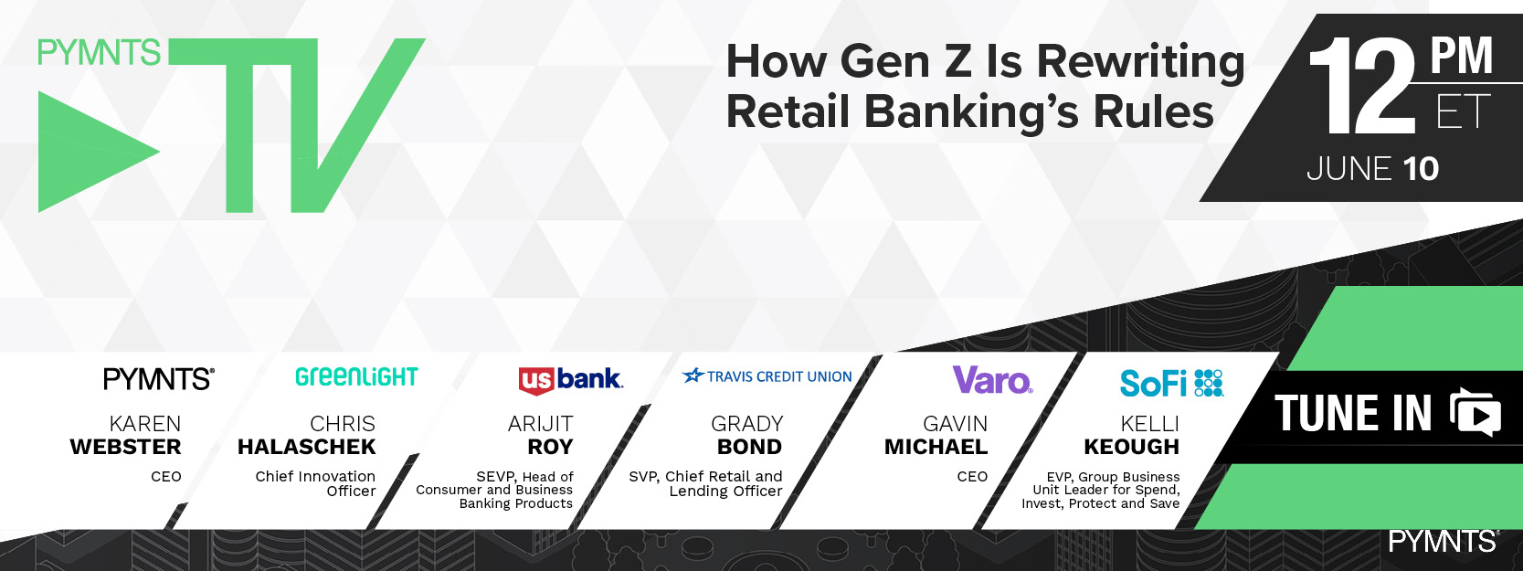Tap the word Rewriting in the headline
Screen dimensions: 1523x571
coord(1141,62)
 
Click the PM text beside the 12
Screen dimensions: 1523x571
coord(1461,56)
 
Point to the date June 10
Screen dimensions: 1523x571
coord(1373,169)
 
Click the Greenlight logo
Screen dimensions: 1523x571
coord(356,377)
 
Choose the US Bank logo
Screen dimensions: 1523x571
coord(570,380)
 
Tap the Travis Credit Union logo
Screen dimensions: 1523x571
coord(767,375)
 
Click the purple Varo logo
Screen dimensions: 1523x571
coord(993,380)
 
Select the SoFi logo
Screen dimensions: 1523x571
coord(1171,384)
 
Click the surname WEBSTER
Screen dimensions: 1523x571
coord(126,447)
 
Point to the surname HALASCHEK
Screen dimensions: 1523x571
coord(307,447)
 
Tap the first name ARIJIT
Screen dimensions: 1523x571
coord(541,424)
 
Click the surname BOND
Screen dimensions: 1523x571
coord(750,447)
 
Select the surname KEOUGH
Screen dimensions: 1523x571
coord(1132,447)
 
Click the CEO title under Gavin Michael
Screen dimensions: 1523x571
coord(972,477)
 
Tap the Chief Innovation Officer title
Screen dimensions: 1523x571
coord(315,483)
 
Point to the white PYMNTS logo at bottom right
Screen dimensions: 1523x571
coord(1444,542)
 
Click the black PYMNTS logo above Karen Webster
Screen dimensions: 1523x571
coord(159,378)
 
